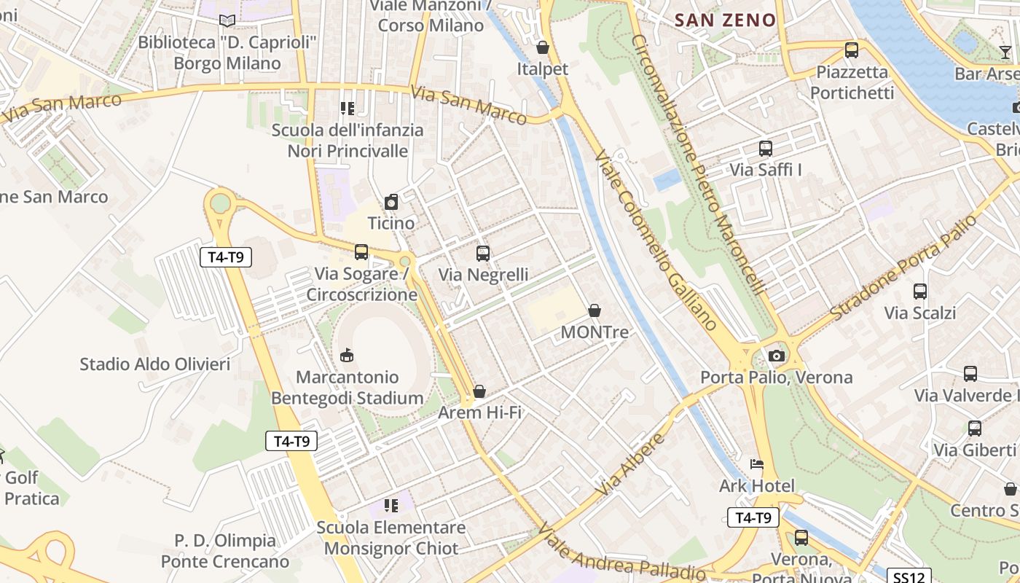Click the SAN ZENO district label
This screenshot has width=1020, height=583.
725,20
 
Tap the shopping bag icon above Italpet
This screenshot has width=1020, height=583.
543,48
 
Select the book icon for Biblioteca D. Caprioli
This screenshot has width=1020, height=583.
227,20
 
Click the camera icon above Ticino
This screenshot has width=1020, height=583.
391,202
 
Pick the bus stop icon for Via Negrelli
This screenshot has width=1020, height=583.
482,254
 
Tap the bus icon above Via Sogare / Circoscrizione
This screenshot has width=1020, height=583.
361,252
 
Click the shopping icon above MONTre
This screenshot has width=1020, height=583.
595,311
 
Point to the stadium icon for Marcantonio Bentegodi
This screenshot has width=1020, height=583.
347,356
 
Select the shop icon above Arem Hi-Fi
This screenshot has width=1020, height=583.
479,392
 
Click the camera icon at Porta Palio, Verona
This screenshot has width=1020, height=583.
777,356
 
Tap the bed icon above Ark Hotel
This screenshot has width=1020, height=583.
757,464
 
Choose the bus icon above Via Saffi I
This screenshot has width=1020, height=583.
766,149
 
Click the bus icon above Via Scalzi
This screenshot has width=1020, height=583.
920,291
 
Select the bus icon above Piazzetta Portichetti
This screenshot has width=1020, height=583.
852,50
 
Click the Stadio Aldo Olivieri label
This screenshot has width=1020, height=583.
155,364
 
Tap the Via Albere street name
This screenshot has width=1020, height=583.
631,464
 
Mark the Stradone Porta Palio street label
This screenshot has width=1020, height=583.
903,267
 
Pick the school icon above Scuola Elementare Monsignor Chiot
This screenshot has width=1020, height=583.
391,506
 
